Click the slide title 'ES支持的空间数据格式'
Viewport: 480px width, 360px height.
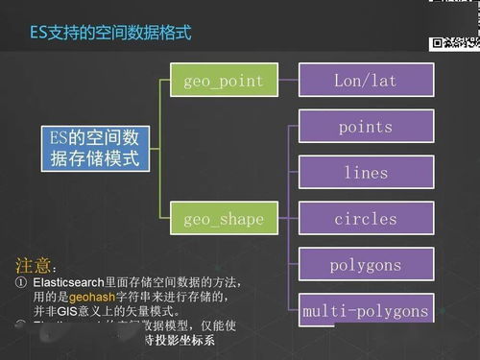[109, 34]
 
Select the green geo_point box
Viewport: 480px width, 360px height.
[223, 81]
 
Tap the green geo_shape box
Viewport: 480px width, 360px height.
[223, 220]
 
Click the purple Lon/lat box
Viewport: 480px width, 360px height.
[365, 81]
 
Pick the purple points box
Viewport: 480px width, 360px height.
[365, 127]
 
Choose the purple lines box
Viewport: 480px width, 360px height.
[365, 173]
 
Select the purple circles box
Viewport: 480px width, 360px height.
[365, 219]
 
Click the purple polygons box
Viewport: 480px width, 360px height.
[365, 265]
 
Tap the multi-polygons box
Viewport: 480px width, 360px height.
[365, 311]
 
